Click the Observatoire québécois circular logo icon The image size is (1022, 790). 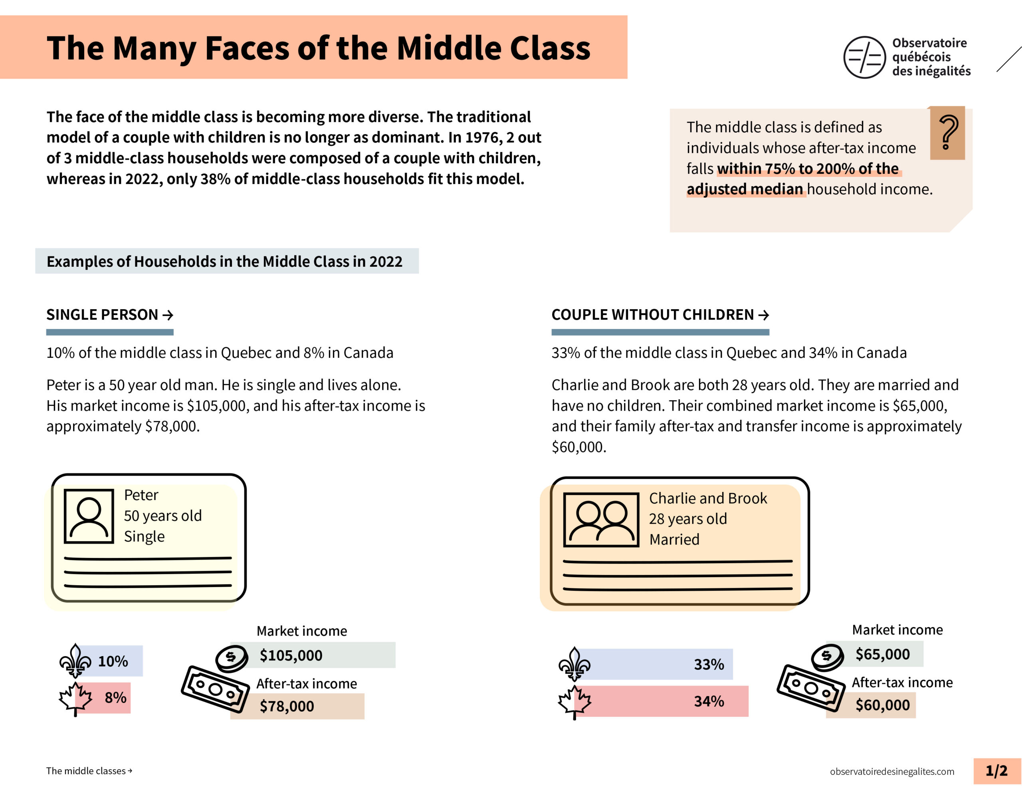point(864,57)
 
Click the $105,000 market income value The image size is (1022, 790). point(291,655)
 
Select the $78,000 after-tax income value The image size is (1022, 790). point(287,706)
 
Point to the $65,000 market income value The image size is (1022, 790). point(883,654)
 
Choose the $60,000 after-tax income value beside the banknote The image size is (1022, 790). point(883,704)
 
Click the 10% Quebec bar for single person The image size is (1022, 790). point(112,661)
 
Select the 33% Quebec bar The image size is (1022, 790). point(655,664)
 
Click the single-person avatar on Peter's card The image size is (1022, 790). point(89,516)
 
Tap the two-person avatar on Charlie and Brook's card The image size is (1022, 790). point(601,519)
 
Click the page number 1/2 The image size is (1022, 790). point(996,770)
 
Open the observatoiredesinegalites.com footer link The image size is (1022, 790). point(892,771)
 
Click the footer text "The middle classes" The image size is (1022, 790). point(86,771)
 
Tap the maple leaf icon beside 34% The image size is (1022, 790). point(574,701)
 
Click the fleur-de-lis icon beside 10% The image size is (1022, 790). point(75,661)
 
